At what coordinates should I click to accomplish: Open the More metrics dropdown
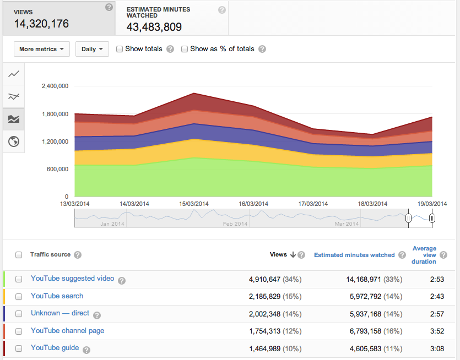(42, 49)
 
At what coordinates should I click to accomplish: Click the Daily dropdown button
(92, 49)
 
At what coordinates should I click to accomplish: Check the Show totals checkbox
(120, 49)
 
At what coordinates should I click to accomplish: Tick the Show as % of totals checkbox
(185, 49)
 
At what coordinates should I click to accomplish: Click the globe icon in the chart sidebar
(14, 142)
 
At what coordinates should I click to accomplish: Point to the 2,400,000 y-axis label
(55, 86)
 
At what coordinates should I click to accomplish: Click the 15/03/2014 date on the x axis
(194, 204)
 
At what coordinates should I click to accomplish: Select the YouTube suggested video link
(73, 279)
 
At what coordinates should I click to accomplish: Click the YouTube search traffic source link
(57, 296)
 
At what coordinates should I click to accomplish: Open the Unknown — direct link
(60, 313)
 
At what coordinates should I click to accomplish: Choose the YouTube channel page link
(68, 331)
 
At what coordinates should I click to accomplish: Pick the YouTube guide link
(55, 348)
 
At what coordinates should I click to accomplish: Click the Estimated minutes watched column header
(354, 255)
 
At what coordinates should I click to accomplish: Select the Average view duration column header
(424, 255)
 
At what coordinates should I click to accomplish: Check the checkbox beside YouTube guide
(19, 348)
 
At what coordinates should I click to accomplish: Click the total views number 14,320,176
(41, 24)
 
